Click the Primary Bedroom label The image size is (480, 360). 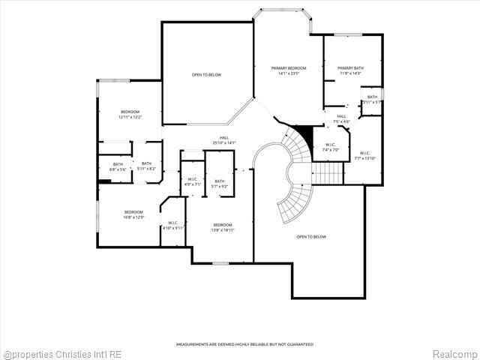point(288,70)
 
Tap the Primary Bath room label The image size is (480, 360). point(350,70)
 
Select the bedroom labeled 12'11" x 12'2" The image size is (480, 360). point(129,115)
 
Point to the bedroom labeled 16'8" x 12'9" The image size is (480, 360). point(134,214)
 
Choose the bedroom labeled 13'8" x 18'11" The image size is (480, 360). point(222,228)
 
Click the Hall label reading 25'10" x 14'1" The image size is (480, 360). point(224,140)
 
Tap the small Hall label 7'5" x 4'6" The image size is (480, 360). point(340,118)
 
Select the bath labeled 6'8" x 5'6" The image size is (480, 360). point(118,166)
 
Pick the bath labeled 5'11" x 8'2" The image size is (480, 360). point(146,166)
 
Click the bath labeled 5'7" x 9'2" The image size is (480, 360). point(220,183)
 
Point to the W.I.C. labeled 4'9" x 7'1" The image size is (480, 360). point(193,181)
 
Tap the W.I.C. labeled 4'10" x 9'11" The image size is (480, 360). point(172,225)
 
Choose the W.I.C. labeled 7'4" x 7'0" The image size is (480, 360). point(331,148)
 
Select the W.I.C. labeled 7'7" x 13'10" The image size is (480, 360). point(364,155)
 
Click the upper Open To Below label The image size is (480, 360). point(206,75)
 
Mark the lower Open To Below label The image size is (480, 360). point(311,237)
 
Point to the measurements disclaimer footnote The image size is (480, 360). point(244,344)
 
